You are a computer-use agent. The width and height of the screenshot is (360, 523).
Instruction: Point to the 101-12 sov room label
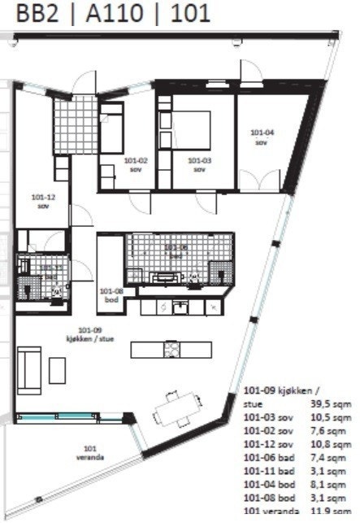coord(43,201)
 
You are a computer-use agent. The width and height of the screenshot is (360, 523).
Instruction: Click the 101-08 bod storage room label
coord(110,294)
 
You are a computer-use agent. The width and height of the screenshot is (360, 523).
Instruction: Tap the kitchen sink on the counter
coord(180,307)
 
